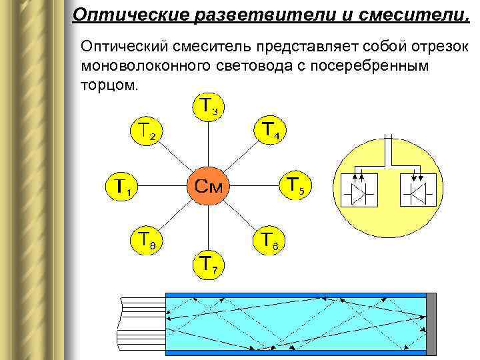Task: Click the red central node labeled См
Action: (x=208, y=184)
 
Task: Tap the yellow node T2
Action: (x=148, y=131)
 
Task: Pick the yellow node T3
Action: (x=209, y=105)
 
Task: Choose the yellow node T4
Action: (x=271, y=130)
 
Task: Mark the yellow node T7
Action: (x=209, y=262)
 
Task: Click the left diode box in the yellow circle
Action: (x=359, y=191)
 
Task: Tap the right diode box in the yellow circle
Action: (x=418, y=191)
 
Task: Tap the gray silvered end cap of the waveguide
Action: (x=431, y=323)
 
